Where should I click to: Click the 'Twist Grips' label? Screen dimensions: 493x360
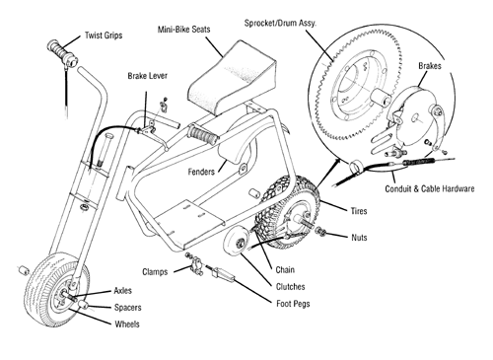click(x=104, y=36)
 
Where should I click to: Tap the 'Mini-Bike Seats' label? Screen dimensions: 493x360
click(x=183, y=30)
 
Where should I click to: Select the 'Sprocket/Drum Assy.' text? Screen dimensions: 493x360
click(x=280, y=24)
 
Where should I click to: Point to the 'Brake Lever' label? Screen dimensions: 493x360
click(x=147, y=76)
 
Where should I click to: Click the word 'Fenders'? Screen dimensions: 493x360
click(x=201, y=172)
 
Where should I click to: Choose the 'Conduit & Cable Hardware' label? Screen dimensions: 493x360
click(x=430, y=189)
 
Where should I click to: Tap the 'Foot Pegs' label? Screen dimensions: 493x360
click(x=293, y=304)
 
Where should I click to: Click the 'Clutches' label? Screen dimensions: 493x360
click(x=290, y=287)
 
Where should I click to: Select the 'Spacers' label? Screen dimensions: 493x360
click(x=127, y=308)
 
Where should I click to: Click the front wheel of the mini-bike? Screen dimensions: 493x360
click(x=56, y=289)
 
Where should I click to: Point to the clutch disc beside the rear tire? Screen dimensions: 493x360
click(x=236, y=243)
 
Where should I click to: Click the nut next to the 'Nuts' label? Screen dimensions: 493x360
click(x=320, y=231)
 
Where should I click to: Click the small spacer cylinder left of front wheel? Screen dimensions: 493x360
click(x=23, y=270)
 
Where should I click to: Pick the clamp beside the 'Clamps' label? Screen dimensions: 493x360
click(x=196, y=265)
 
